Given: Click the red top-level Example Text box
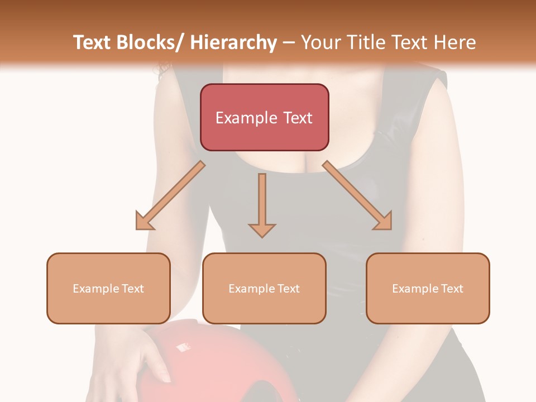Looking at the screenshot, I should (x=264, y=117).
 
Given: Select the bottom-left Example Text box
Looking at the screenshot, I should (x=108, y=288).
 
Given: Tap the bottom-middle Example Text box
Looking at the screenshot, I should (x=264, y=288).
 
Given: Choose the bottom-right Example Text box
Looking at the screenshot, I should (x=428, y=288).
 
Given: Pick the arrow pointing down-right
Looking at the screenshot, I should (x=357, y=195).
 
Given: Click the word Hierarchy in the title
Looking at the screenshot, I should (x=233, y=43).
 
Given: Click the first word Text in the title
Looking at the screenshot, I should (x=93, y=43).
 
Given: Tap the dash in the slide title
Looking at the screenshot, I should (x=289, y=43).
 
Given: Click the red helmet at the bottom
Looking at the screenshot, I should (x=234, y=363).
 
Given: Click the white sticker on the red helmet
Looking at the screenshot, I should (x=183, y=347).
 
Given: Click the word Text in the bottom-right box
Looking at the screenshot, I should (x=452, y=288).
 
